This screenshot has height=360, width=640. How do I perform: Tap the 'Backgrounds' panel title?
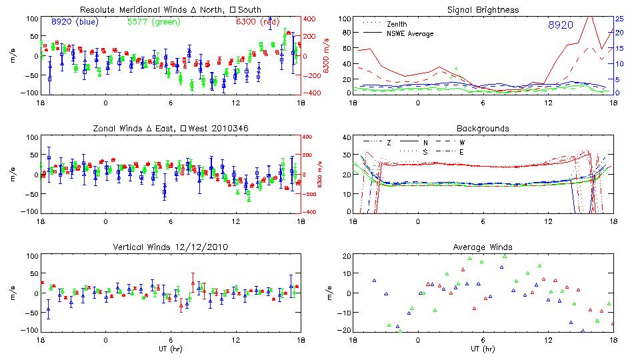tap(483, 128)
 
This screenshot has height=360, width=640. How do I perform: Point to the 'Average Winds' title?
tap(483, 247)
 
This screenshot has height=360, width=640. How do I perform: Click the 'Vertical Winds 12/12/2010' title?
tap(170, 247)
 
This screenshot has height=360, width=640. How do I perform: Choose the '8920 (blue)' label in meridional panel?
tap(75, 22)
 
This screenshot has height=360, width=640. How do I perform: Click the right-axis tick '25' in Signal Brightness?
tap(619, 18)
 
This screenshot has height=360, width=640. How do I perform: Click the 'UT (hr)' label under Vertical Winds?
tap(170, 349)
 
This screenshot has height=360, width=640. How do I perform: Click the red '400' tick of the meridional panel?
tap(311, 18)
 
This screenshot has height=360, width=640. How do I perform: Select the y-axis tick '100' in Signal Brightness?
tap(344, 18)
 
